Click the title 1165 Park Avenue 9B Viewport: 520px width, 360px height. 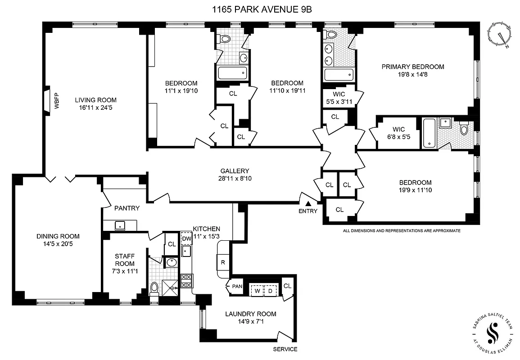260,9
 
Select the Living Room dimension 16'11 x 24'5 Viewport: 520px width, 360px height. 95,108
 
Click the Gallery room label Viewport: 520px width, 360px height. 235,171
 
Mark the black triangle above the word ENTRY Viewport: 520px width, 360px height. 308,204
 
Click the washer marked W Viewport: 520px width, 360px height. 257,290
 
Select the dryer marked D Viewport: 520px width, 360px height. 271,290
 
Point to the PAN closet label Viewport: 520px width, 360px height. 236,286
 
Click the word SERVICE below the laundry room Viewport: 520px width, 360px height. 285,349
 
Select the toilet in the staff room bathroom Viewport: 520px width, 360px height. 154,288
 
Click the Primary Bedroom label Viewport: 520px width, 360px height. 412,67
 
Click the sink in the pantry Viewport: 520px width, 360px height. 120,225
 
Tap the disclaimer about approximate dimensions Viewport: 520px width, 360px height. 402,231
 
